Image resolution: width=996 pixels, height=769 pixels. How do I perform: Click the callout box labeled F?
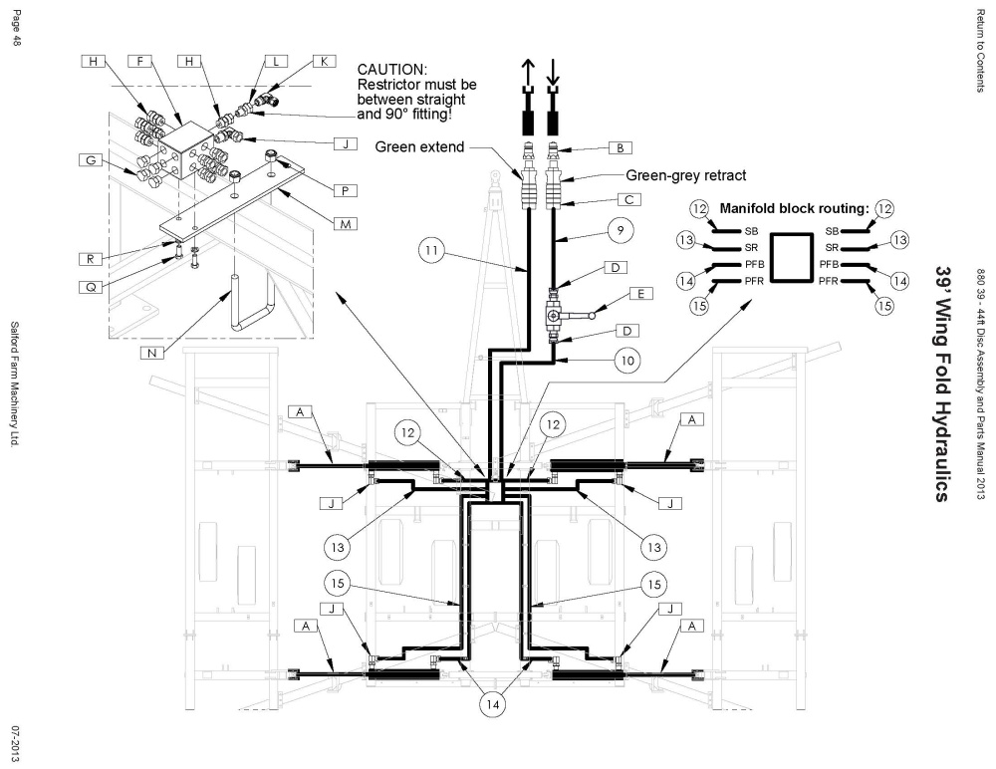139,61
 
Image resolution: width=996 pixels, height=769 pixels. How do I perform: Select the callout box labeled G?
91,160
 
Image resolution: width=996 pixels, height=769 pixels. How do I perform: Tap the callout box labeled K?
324,61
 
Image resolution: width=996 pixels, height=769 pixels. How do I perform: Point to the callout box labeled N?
151,352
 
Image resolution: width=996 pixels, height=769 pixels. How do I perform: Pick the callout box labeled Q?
91,287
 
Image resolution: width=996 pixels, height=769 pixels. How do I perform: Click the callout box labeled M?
345,224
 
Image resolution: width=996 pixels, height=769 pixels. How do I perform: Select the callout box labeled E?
640,294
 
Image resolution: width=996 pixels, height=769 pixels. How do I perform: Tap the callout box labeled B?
620,148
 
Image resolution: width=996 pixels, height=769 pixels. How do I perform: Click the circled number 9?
621,230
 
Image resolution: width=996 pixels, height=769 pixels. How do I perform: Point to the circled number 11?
431,250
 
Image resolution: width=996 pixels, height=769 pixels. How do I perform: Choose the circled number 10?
626,361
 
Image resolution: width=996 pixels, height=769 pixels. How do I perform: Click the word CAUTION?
392,70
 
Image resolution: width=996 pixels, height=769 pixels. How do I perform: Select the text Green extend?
420,146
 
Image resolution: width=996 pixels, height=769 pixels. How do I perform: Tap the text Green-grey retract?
686,175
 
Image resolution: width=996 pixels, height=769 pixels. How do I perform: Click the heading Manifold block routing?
794,208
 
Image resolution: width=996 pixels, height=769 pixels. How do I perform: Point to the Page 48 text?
17,28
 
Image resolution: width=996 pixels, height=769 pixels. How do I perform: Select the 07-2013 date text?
15,743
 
